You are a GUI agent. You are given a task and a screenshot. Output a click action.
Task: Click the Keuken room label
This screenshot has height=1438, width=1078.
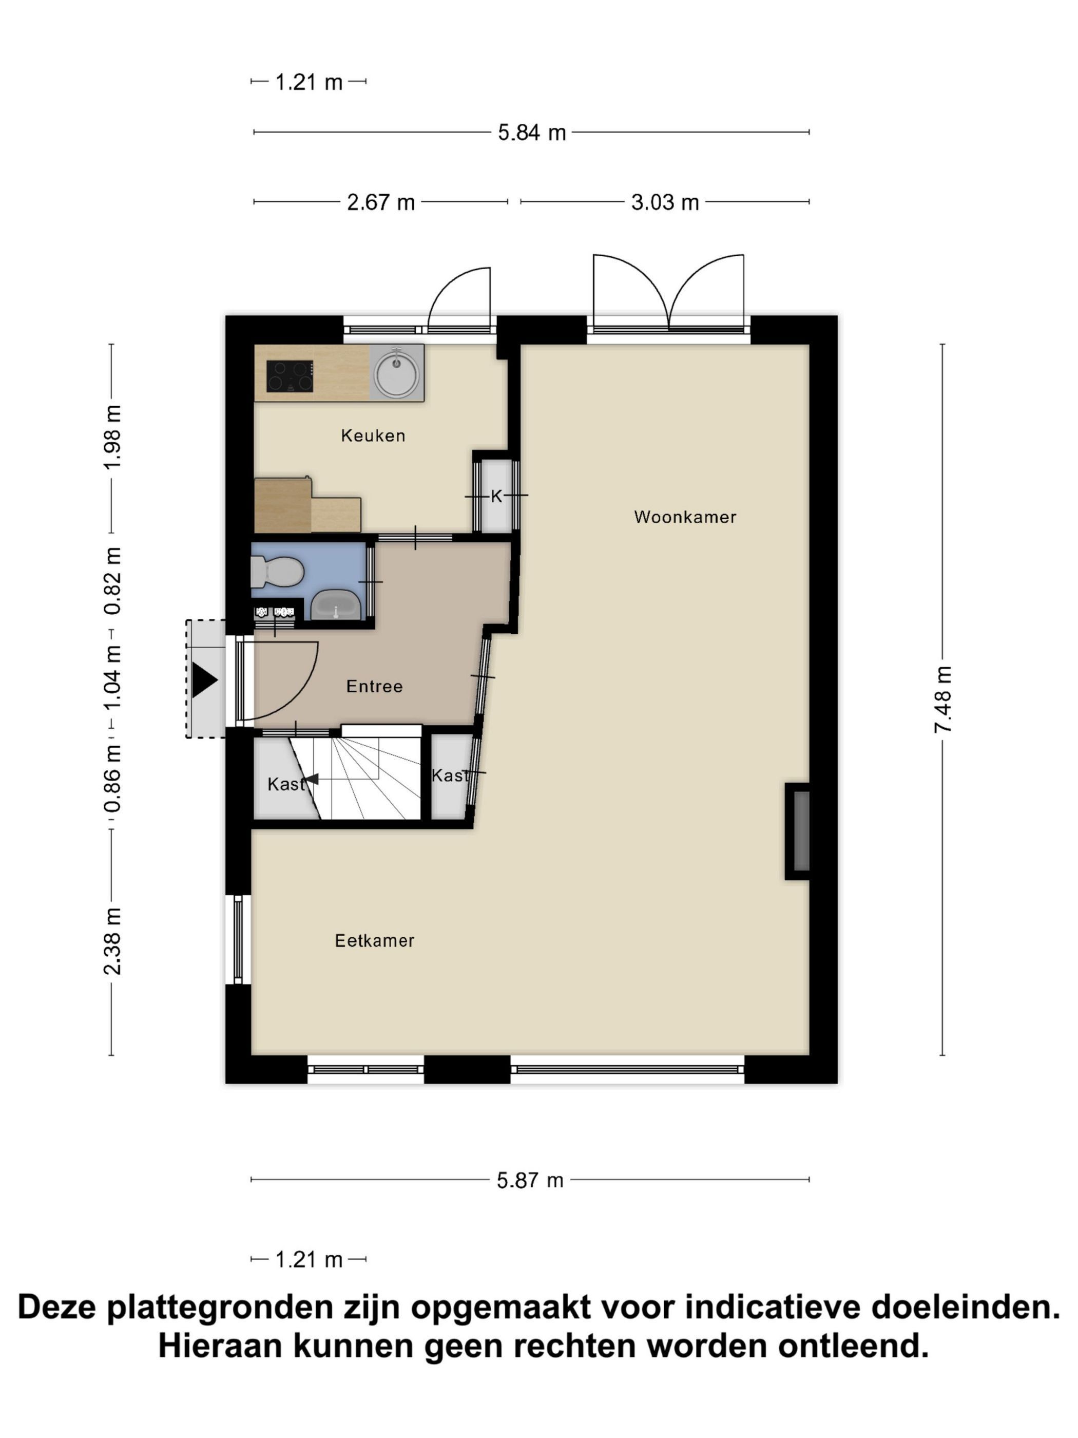373,436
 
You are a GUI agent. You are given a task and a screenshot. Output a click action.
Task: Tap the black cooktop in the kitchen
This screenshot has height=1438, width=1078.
290,376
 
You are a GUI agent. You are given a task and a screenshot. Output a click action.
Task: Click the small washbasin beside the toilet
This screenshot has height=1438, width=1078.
335,604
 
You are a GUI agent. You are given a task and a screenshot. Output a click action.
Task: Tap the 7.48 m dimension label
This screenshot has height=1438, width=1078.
943,699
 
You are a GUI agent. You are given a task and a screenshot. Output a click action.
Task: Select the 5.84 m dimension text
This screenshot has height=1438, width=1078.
531,133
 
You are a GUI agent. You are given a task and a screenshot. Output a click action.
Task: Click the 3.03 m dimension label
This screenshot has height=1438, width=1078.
665,202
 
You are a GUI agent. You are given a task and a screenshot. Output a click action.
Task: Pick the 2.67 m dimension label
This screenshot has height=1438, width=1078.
381,202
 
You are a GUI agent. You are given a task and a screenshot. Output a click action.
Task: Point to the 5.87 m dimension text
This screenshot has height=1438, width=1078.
530,1180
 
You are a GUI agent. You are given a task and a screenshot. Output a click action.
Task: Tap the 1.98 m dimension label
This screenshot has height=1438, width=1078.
112,437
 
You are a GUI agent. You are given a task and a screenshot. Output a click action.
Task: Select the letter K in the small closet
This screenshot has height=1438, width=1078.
496,497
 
